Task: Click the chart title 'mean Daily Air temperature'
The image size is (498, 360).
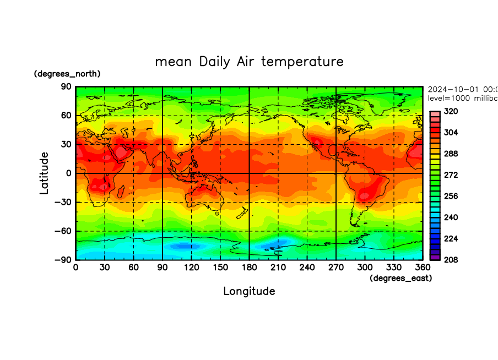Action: click(x=249, y=61)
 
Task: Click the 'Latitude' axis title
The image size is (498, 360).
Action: click(x=44, y=173)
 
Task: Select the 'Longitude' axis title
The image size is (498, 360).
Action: click(x=249, y=291)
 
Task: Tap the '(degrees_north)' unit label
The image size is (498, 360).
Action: click(x=67, y=74)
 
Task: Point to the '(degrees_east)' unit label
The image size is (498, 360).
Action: click(x=400, y=279)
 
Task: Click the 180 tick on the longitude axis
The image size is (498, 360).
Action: click(x=249, y=268)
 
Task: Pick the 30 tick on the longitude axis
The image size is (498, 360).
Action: click(x=105, y=268)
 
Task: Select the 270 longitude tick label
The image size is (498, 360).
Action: click(x=335, y=268)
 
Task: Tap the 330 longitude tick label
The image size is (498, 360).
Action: click(x=393, y=268)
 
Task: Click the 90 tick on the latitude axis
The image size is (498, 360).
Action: click(x=66, y=86)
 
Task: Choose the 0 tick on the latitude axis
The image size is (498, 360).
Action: click(x=69, y=173)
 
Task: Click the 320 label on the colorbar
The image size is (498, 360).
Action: click(x=451, y=111)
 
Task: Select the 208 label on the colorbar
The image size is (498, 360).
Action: click(x=451, y=259)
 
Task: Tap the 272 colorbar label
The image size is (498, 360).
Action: click(x=451, y=174)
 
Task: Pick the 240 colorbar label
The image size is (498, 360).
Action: click(x=451, y=217)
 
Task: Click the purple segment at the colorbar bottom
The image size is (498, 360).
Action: click(x=435, y=257)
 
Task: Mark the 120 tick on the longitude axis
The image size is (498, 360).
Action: click(x=191, y=268)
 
